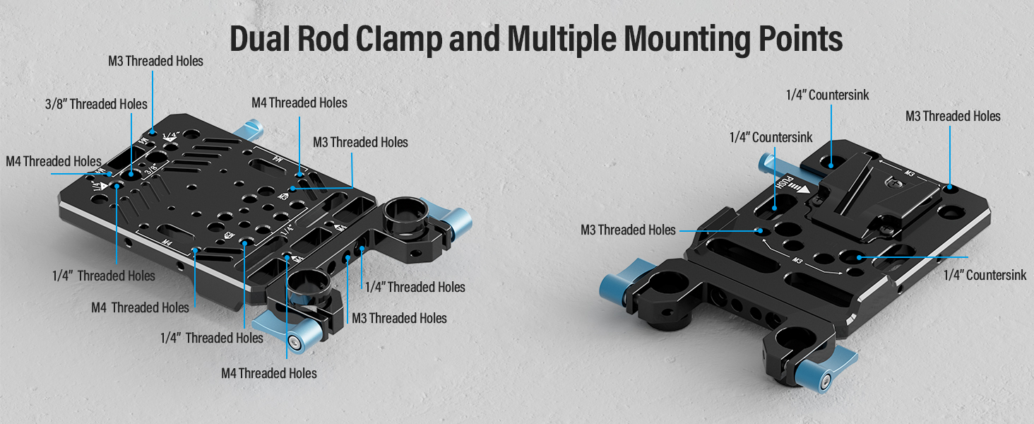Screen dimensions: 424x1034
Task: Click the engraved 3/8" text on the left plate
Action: [x=150, y=170]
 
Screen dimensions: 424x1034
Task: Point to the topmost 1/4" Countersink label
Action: [x=828, y=95]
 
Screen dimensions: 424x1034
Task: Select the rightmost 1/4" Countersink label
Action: [x=985, y=275]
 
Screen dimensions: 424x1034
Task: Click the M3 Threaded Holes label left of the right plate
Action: [x=628, y=230]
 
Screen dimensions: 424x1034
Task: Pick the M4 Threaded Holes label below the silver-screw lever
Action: [x=269, y=372]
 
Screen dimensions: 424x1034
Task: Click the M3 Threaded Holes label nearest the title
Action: [x=155, y=61]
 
